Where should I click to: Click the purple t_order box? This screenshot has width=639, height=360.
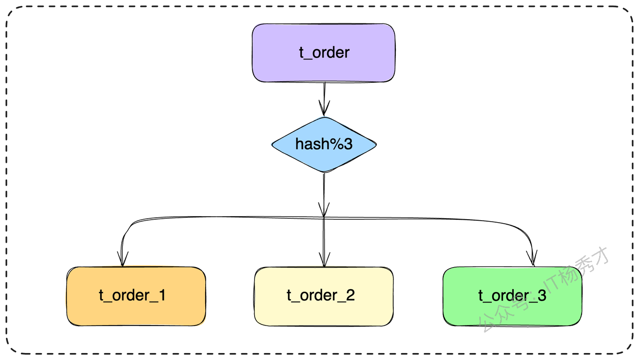(323, 53)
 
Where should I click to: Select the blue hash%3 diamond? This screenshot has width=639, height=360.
(324, 145)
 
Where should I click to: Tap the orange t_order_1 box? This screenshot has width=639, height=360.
(136, 296)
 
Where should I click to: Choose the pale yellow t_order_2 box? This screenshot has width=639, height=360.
(324, 296)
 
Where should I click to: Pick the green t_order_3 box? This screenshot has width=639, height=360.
(512, 296)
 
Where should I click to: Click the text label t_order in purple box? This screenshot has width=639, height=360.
(324, 52)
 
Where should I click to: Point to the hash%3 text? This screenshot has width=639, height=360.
(324, 144)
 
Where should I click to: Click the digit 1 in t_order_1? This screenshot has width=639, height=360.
(162, 295)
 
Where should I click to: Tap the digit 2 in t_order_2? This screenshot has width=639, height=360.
(350, 295)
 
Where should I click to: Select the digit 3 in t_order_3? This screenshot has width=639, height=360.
(542, 295)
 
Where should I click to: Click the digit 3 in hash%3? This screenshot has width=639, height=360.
(348, 144)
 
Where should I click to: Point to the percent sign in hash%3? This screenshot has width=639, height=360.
(336, 144)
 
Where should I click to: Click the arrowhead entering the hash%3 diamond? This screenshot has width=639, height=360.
(324, 108)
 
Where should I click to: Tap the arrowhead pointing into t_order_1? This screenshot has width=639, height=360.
(123, 259)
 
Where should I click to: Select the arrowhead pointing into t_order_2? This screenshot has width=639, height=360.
(324, 259)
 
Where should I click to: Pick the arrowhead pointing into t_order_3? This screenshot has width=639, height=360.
(532, 258)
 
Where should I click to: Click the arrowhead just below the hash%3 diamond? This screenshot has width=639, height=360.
(324, 210)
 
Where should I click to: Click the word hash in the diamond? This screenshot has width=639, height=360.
(312, 144)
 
